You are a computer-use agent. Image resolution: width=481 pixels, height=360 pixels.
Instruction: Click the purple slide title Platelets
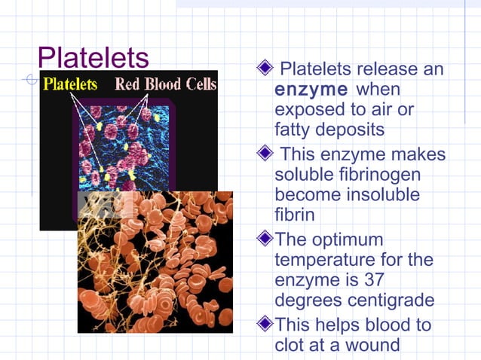(93, 56)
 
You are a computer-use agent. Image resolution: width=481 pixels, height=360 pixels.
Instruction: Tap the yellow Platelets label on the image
(70, 84)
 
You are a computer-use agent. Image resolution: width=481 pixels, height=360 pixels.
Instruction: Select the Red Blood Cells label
(165, 84)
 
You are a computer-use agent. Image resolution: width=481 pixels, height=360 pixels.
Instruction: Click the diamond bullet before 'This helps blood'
(264, 325)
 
